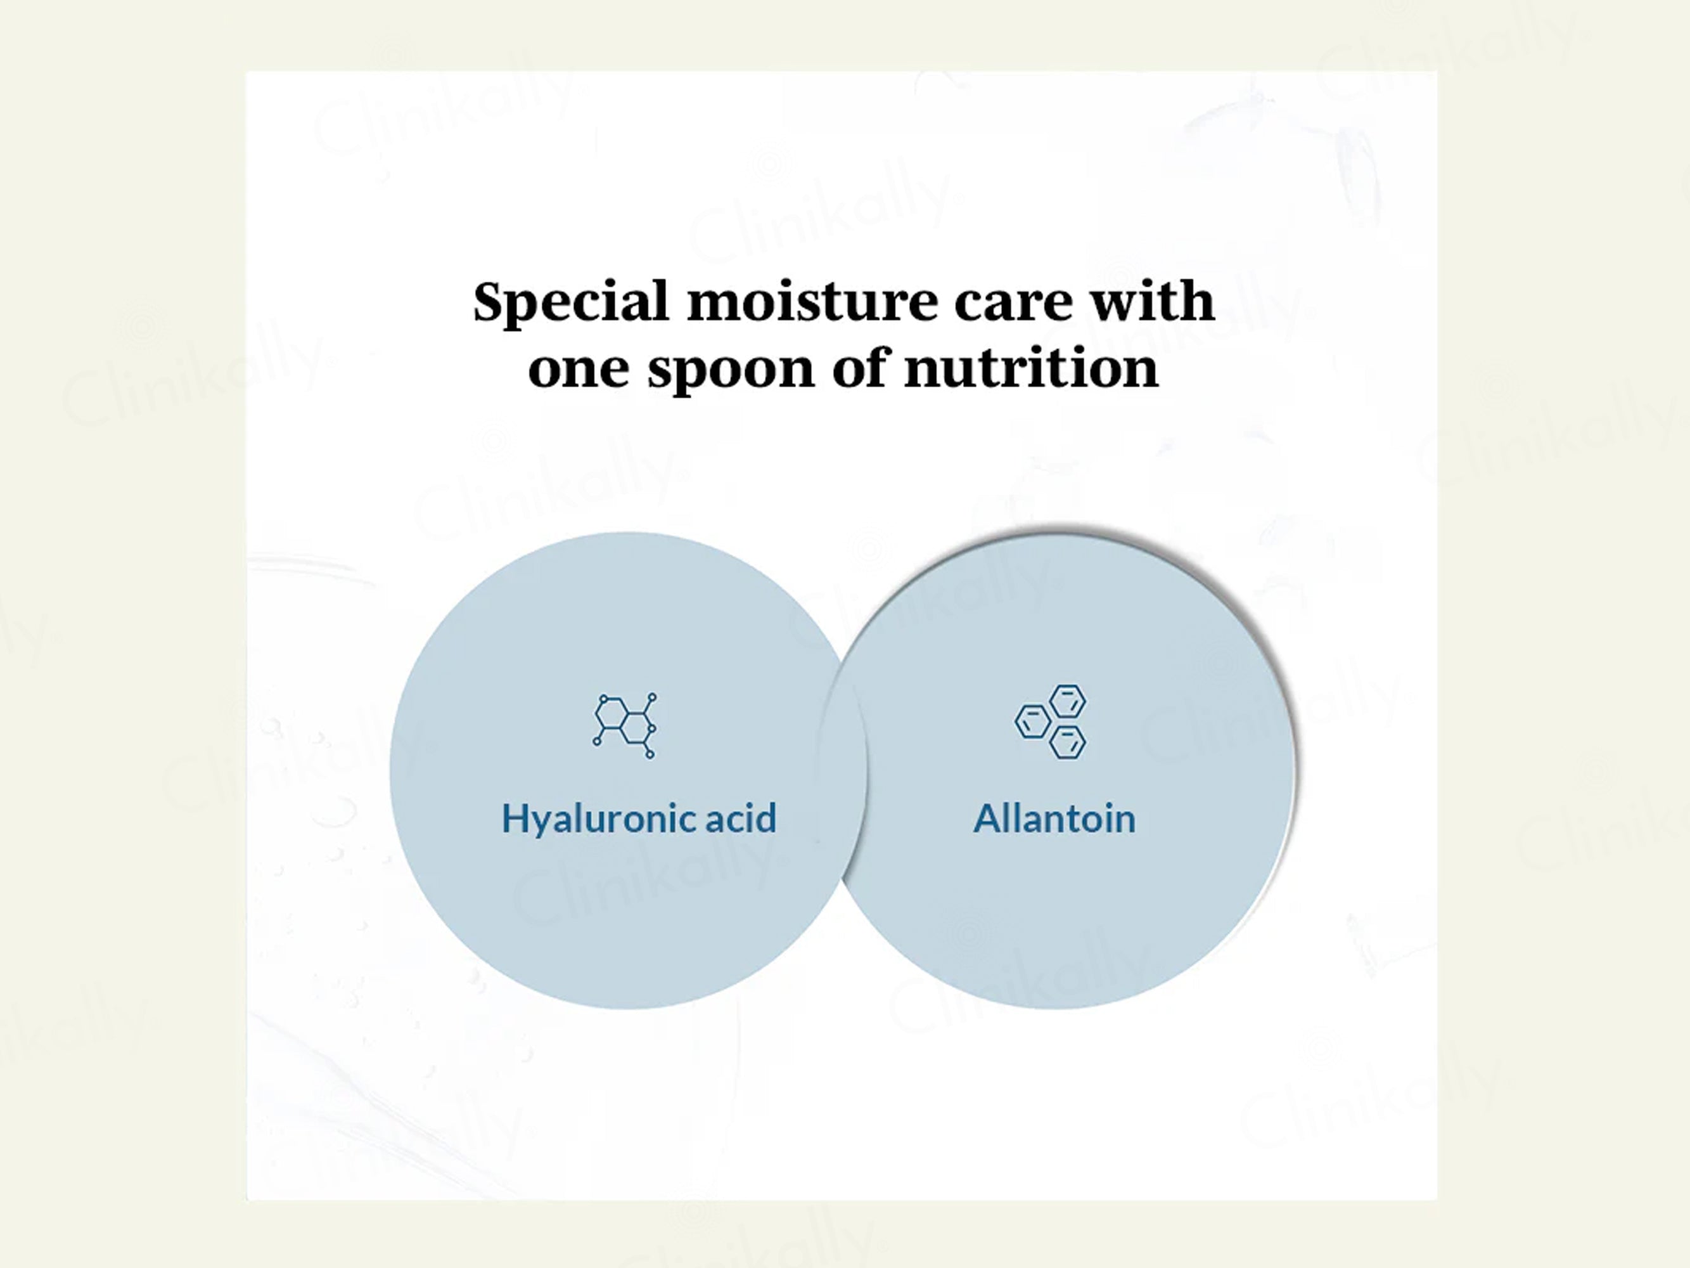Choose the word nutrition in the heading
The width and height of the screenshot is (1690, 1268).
(x=1032, y=368)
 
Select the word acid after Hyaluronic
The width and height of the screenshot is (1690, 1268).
(x=740, y=818)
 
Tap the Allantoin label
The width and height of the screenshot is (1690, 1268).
(x=1054, y=818)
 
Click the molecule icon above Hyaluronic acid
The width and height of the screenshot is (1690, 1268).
(x=625, y=725)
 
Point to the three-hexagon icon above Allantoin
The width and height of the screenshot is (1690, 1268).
(x=1051, y=721)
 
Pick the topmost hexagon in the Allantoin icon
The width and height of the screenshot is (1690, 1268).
(x=1067, y=701)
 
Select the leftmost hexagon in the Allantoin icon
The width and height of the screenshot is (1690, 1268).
(x=1032, y=721)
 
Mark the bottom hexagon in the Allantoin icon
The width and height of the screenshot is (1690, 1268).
(x=1067, y=742)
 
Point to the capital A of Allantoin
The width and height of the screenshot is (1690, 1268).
(x=989, y=818)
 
